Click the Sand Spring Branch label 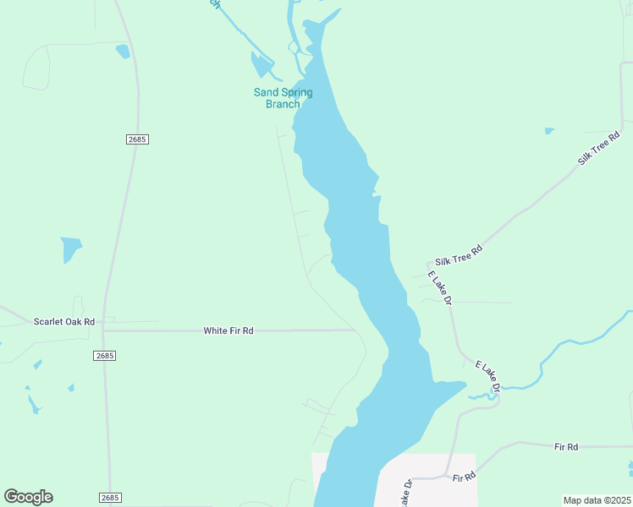(283, 98)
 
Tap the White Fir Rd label (228, 330)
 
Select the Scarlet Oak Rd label (63, 322)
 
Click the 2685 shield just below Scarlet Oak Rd (104, 357)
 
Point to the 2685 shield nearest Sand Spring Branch (137, 139)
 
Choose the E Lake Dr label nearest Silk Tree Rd (439, 288)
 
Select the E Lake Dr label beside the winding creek (487, 376)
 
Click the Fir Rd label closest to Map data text (566, 446)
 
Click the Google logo (28, 497)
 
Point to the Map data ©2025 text (597, 500)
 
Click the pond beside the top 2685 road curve (124, 52)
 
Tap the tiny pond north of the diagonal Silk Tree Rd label (549, 131)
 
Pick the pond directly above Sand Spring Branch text (261, 66)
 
